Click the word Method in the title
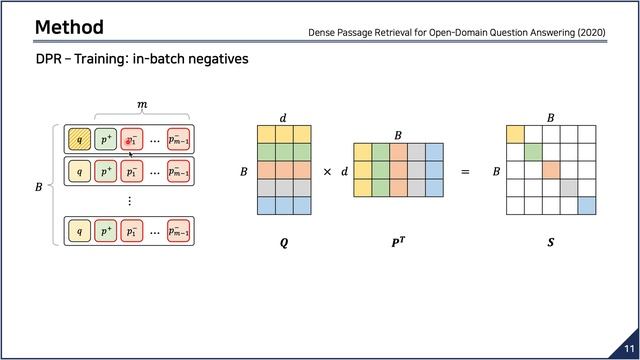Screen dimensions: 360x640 point(68,27)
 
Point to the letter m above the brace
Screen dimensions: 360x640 point(140,105)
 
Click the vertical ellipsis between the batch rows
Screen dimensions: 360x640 point(129,201)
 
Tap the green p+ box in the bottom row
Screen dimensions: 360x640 point(107,233)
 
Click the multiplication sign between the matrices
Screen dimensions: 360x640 point(327,172)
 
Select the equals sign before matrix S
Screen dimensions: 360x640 point(465,172)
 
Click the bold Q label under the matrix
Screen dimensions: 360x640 point(285,241)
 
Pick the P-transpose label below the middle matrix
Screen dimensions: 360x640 point(397,241)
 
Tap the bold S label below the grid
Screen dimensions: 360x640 point(550,241)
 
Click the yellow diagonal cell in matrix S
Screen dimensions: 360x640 point(515,134)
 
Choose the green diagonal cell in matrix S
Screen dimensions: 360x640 point(533,152)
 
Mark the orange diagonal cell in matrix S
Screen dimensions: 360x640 point(551,170)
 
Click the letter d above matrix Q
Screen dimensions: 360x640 point(283,117)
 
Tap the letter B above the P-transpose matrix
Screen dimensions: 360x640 point(397,135)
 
